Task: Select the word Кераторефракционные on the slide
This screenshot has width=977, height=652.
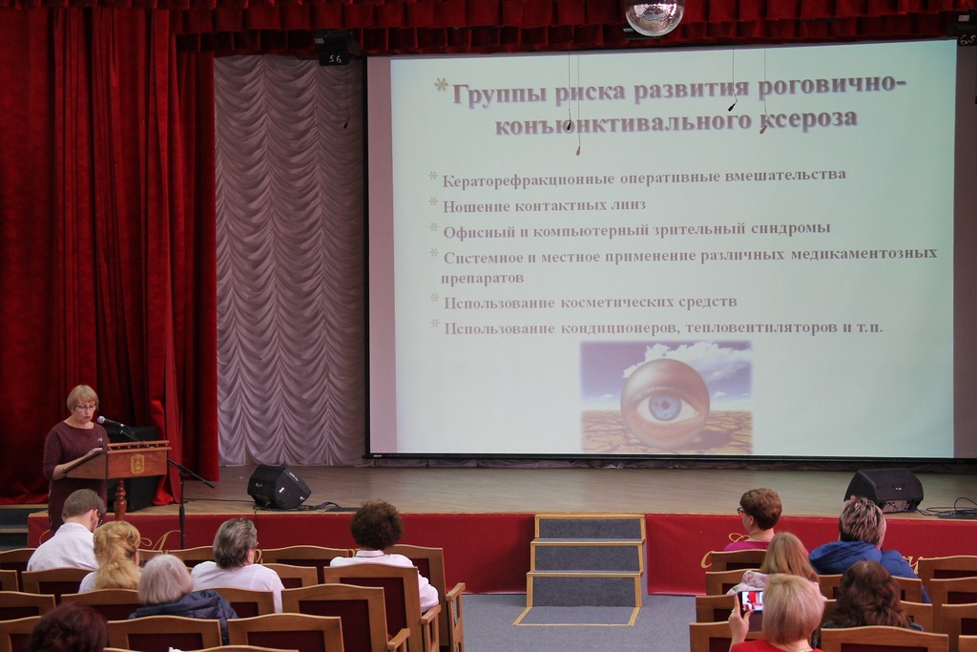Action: click(x=529, y=180)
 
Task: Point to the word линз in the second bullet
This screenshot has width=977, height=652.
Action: click(x=626, y=204)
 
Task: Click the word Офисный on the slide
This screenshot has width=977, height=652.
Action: click(x=479, y=232)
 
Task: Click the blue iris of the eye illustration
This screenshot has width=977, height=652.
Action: click(x=665, y=408)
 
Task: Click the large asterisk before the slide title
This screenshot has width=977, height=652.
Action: click(x=441, y=85)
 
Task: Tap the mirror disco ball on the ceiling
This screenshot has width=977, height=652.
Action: click(x=655, y=15)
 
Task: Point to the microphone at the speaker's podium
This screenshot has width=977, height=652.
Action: click(x=110, y=422)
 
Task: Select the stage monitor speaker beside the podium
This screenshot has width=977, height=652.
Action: click(x=278, y=486)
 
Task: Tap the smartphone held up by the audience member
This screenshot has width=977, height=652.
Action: click(x=750, y=600)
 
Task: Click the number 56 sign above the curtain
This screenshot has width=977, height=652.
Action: click(x=335, y=58)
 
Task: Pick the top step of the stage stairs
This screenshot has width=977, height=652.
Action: click(x=590, y=527)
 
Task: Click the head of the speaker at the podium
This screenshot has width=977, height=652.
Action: click(x=83, y=404)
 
